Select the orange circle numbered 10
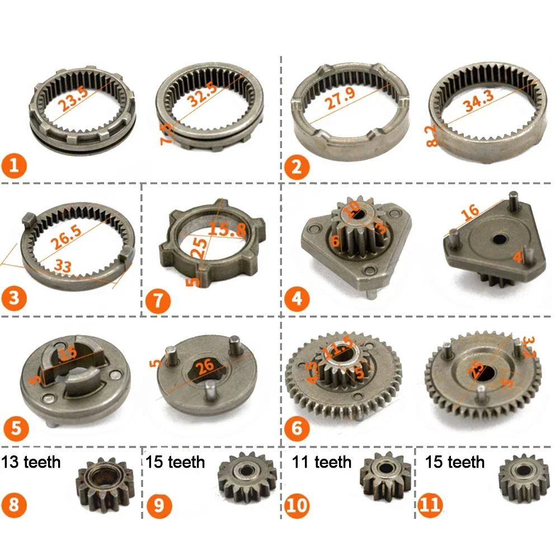[297, 505]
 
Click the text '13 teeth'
[32, 463]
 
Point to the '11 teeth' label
[322, 463]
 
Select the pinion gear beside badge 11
[524, 479]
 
